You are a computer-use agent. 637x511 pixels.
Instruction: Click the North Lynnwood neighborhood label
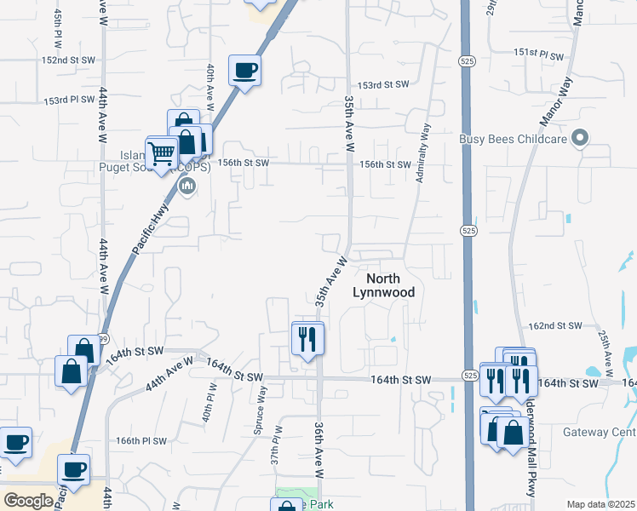[383, 285]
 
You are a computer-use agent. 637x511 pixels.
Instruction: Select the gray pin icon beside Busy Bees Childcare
[581, 137]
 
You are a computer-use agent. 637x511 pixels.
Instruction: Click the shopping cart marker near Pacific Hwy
[160, 154]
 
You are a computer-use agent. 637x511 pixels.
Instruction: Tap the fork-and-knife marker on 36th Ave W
[307, 340]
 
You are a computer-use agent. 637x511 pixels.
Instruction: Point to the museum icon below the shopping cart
[189, 186]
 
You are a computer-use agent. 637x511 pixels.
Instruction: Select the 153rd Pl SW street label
[69, 100]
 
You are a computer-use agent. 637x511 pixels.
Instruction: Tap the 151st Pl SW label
[538, 53]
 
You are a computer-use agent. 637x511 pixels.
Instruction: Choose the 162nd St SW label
[555, 326]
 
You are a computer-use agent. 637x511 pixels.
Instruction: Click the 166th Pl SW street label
[140, 441]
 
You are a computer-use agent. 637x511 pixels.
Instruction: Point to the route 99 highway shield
[101, 338]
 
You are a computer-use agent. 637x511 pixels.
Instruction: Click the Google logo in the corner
[28, 501]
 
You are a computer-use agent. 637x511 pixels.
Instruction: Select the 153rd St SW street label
[383, 85]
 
